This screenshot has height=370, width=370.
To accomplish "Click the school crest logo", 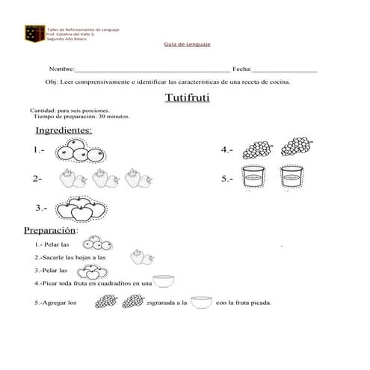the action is pos(34,33).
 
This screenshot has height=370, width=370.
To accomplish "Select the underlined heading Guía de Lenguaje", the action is pos(187,45).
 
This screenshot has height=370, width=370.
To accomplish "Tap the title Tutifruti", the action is pos(188,97).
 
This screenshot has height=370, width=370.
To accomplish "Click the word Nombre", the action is pos(62,68).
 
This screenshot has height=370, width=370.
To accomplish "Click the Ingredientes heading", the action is pos(64,131).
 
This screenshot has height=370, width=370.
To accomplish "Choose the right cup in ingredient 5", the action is pos(295,179).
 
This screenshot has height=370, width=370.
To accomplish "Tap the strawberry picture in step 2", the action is pos(138,256).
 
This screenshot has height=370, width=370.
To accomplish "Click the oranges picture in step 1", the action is pos(96,244).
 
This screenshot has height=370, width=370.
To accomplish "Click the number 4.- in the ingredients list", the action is pos(227,150).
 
